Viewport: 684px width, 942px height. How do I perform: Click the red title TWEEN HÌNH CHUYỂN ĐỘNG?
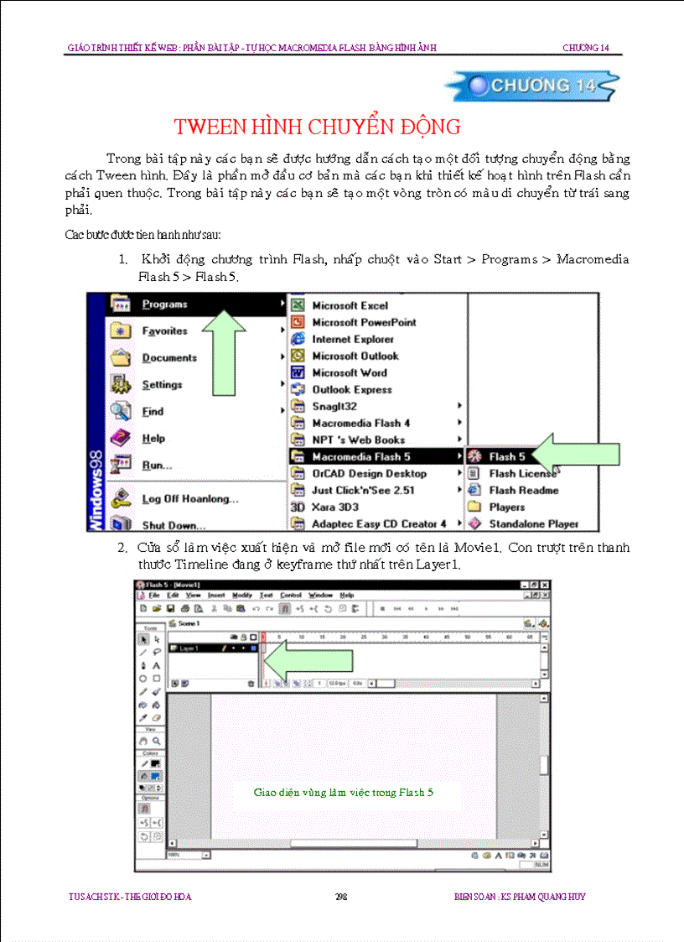317,128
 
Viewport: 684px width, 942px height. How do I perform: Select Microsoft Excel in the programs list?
350,306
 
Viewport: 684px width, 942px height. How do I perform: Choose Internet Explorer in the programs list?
352,340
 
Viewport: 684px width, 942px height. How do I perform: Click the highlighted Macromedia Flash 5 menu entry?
360,457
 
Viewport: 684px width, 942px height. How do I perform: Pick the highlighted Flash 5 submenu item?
506,457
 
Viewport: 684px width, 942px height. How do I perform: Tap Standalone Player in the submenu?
533,524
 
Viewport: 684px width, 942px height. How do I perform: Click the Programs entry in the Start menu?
164,304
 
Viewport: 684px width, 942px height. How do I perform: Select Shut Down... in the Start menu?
173,526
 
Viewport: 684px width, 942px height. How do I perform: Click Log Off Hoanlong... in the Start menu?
189,499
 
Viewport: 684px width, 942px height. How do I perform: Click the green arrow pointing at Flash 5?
578,455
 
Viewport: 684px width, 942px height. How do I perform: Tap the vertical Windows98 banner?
96,487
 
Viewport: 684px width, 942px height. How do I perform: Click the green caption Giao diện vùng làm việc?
343,792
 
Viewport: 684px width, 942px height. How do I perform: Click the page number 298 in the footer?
341,897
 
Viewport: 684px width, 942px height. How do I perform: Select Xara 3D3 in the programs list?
335,507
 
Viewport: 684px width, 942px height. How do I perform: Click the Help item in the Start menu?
153,439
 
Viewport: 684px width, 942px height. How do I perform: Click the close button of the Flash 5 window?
545,585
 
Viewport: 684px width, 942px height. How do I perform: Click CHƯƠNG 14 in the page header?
585,48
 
